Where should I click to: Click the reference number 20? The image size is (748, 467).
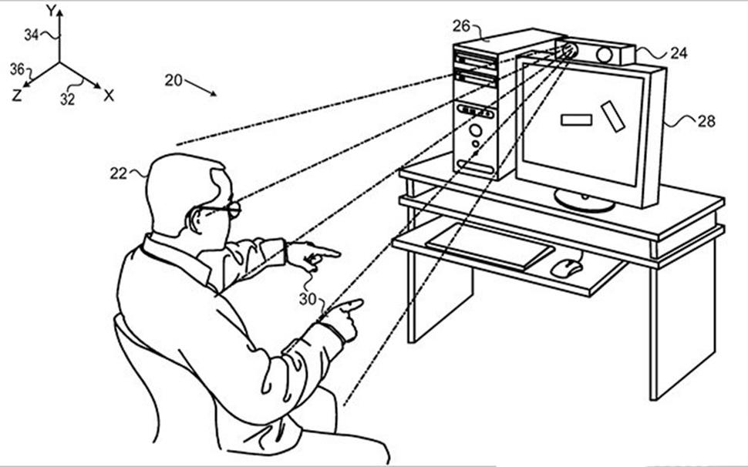point(174,80)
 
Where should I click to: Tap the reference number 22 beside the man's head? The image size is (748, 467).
point(118,174)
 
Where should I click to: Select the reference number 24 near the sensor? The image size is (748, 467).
point(679,53)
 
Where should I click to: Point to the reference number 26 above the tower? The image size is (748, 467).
point(461,25)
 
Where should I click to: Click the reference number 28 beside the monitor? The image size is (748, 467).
point(706,122)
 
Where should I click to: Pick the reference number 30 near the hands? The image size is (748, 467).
point(308,299)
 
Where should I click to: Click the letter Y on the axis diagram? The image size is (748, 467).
point(52,11)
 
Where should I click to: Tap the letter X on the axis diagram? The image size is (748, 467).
point(109,96)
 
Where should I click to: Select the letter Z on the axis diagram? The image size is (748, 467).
point(17,96)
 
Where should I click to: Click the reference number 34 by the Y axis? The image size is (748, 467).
point(32,35)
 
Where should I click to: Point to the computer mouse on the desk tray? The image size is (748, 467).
point(567,267)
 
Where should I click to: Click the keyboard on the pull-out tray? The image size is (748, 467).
point(490,246)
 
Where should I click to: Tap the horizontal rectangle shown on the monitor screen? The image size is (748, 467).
point(576,119)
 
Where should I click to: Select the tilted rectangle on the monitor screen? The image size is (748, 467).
point(613,116)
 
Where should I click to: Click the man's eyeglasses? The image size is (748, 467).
point(221,210)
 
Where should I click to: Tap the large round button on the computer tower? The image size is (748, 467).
point(475,130)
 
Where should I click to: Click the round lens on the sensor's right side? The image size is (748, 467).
point(605,55)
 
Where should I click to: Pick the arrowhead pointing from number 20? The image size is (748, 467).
point(213,93)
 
